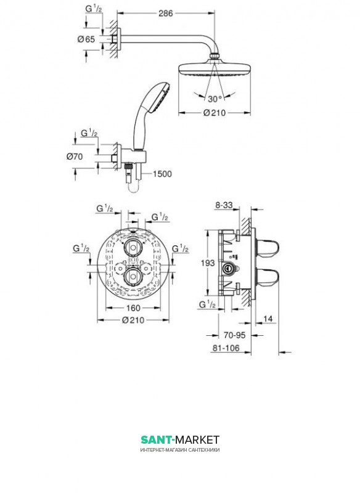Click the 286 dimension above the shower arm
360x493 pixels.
(165, 13)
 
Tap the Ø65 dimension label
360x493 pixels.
(86, 39)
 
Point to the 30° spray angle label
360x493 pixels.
(215, 99)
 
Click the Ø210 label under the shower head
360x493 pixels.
(215, 113)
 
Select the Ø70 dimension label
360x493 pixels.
(75, 157)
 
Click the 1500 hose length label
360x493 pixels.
(162, 174)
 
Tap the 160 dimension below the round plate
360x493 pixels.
(133, 308)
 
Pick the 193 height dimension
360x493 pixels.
(208, 263)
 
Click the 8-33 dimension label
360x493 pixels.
(224, 205)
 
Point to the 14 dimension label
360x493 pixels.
(268, 319)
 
